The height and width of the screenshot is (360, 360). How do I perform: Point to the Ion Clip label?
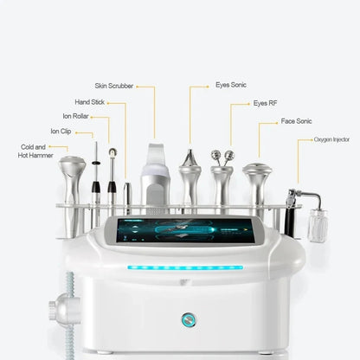tap(61, 132)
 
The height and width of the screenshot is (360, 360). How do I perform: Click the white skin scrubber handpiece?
tap(156, 177)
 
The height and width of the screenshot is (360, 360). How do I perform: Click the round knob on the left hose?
tap(61, 306)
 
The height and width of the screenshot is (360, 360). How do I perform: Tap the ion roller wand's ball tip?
tap(112, 153)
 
